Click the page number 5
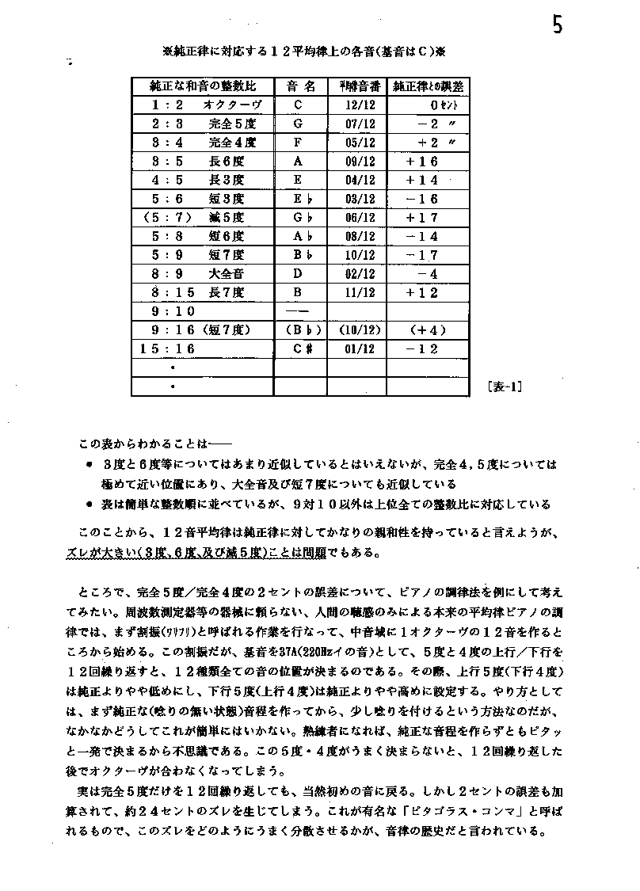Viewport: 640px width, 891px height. pyautogui.click(x=558, y=25)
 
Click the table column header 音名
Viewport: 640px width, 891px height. pyautogui.click(x=299, y=86)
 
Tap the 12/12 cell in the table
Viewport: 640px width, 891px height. pyautogui.click(x=360, y=105)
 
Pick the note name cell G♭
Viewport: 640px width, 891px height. pyautogui.click(x=299, y=217)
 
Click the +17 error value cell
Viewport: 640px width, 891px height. pyautogui.click(x=422, y=217)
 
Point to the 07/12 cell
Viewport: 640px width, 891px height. pyautogui.click(x=360, y=124)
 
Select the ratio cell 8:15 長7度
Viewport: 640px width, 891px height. pyautogui.click(x=199, y=292)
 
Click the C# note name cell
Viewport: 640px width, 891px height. pyautogui.click(x=299, y=348)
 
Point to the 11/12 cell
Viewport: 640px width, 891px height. pyautogui.click(x=360, y=292)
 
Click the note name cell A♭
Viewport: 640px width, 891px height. pyautogui.click(x=299, y=236)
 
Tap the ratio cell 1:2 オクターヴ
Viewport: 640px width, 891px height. pyautogui.click(x=204, y=105)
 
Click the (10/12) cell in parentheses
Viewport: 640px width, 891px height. pyautogui.click(x=360, y=329)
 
